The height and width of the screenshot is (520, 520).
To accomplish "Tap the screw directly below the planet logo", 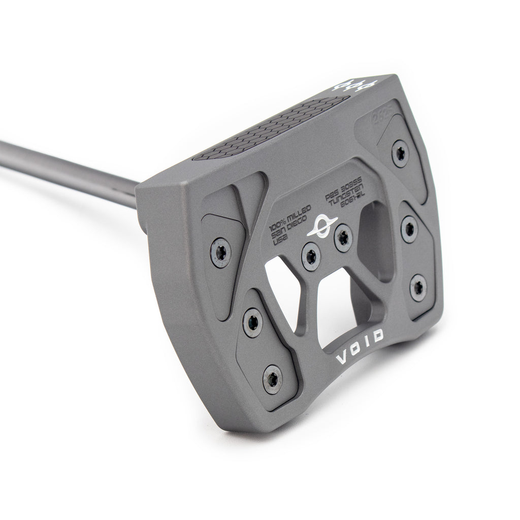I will click(310, 256).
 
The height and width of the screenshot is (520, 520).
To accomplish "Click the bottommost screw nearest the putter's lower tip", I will click(273, 378).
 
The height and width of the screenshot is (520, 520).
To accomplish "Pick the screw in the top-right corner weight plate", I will click(400, 153).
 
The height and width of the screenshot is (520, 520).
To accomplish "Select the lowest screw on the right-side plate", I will click(418, 287).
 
